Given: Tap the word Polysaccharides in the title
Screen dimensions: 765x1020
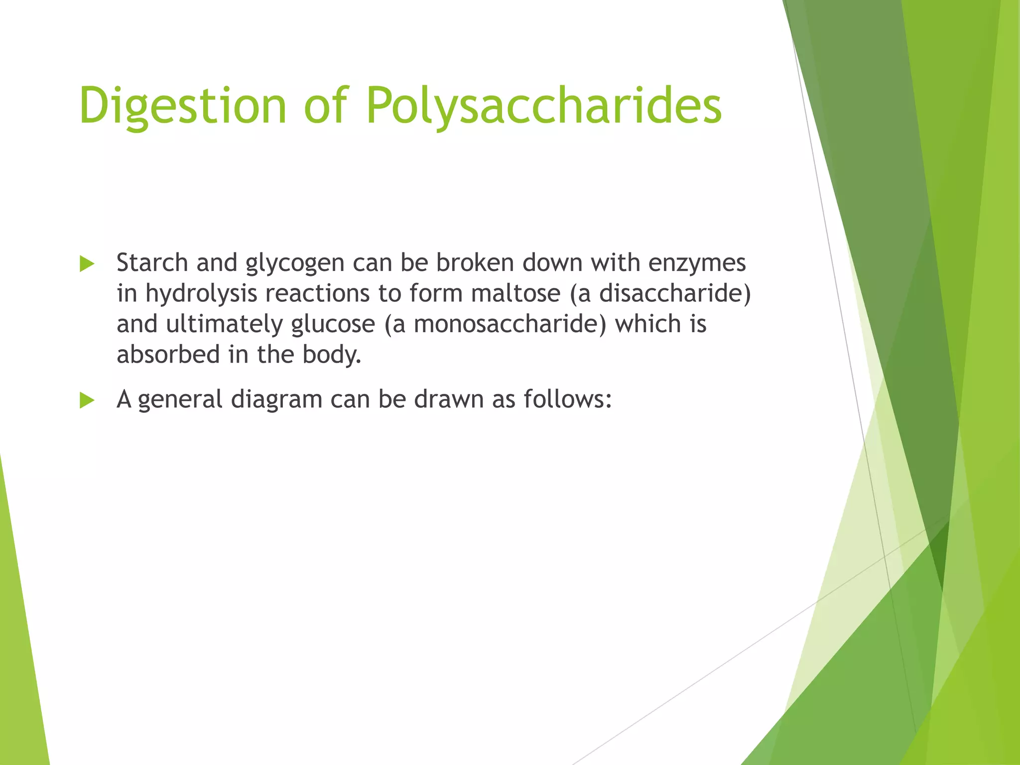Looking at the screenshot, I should coord(544,106).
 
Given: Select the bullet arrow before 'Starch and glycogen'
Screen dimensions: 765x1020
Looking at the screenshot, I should coord(87,264).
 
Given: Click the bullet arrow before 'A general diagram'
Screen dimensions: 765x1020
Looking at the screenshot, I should coord(87,400).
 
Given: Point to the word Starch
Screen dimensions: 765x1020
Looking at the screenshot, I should coord(152,262).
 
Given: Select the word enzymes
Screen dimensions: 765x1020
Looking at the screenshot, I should coord(697,263).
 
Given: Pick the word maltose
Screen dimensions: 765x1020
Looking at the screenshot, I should coord(515,293).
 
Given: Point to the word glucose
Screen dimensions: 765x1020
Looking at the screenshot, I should coord(333,324).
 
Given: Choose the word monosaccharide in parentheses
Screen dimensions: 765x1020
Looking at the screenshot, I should coord(507,324).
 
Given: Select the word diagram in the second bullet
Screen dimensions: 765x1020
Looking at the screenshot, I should coord(276,399).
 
